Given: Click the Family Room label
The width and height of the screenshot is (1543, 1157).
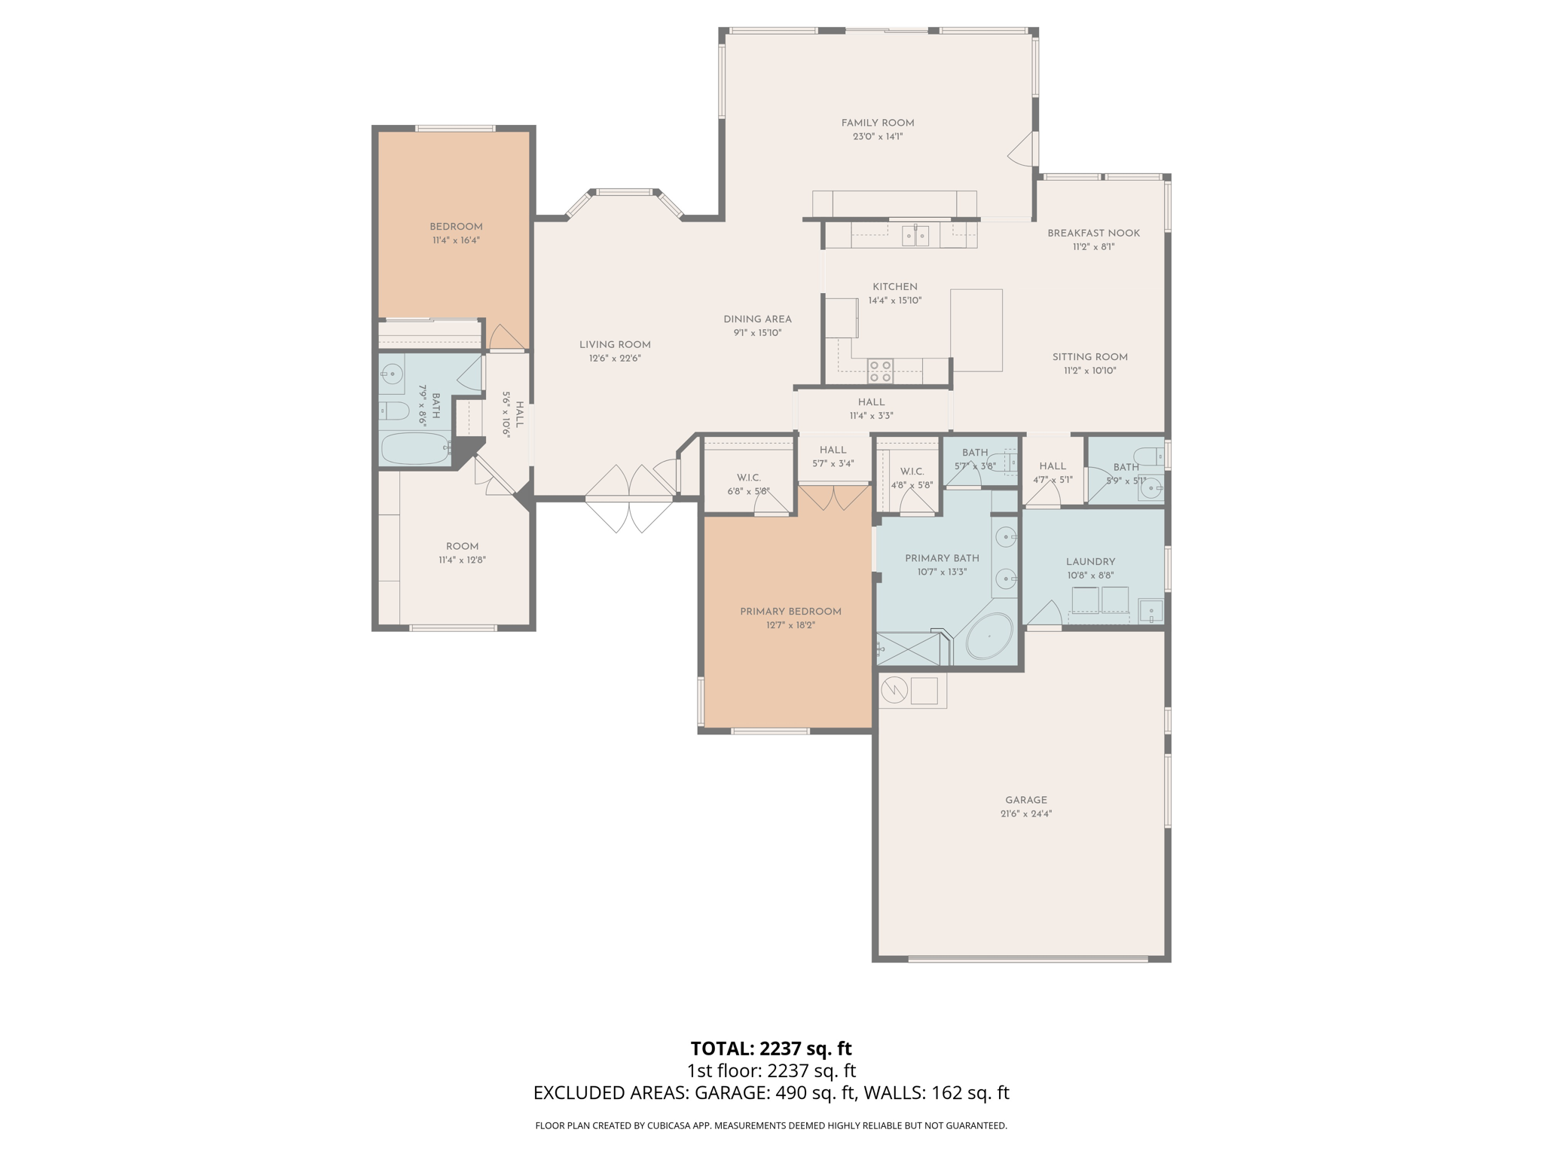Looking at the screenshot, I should coord(878,123).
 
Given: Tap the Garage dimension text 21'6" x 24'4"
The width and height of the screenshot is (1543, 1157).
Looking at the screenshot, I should coord(1025,814).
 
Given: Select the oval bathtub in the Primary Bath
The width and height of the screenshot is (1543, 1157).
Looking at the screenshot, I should coord(989,637).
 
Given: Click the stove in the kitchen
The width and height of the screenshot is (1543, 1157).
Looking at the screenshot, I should coord(880,371).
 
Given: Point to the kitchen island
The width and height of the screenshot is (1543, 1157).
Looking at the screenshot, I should coord(976,330).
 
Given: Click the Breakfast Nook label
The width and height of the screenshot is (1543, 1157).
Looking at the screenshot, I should coord(1093,233).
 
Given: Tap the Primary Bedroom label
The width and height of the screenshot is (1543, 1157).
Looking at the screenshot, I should coord(790,612).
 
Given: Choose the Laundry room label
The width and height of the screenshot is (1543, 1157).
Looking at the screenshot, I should coord(1090,562).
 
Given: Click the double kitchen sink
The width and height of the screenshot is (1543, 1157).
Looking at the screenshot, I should coord(916,237).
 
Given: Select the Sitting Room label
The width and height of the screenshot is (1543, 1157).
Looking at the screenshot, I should coord(1089,357).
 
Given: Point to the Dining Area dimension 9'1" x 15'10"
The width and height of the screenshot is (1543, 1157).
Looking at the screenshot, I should coord(757,333).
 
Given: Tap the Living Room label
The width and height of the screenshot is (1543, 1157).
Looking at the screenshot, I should coord(615,345).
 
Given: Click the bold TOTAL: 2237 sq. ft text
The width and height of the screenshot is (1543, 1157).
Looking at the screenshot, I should coord(771,1049).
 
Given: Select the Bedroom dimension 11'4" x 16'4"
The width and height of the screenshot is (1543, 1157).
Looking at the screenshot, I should coord(456,240).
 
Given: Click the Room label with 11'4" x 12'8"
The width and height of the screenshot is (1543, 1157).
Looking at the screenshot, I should coord(462,547).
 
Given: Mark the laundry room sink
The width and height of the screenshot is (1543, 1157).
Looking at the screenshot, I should coord(1150,610).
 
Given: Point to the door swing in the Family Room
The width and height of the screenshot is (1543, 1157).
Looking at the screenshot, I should coord(1022,151).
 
